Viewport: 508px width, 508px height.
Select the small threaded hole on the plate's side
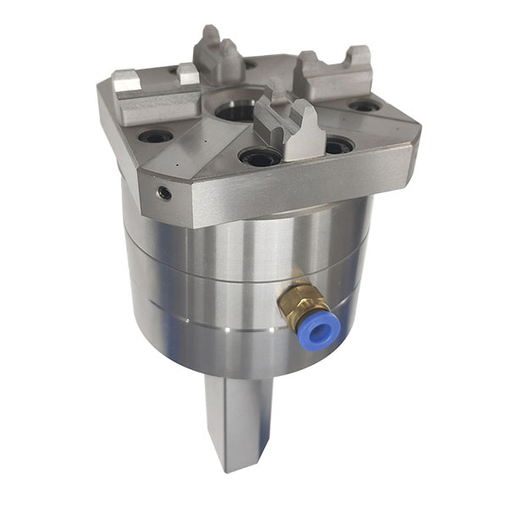tap(164, 194)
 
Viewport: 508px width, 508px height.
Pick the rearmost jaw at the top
tap(219, 58)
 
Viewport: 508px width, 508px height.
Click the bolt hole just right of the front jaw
tap(337, 146)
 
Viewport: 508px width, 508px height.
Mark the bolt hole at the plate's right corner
tap(365, 107)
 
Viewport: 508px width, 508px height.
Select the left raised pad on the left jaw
tap(124, 80)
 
